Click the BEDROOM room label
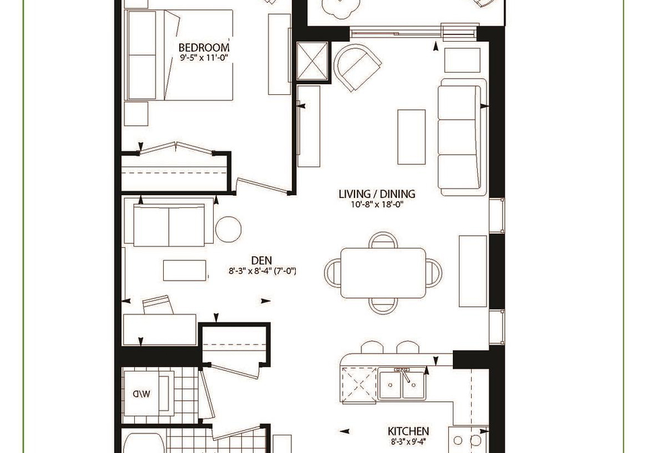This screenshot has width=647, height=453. click(x=204, y=47)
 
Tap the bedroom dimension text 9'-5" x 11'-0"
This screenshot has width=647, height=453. click(x=204, y=58)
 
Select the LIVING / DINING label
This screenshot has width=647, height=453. click(x=377, y=194)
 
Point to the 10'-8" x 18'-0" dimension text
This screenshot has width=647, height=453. click(x=377, y=204)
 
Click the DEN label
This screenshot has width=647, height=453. click(x=261, y=260)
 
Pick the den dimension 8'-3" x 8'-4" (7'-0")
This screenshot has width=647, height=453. click(x=262, y=271)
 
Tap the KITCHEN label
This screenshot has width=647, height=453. click(x=408, y=431)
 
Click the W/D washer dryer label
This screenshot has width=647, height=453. click(x=142, y=394)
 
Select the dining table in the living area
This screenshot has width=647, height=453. click(x=383, y=273)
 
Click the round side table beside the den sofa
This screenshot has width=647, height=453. click(x=228, y=229)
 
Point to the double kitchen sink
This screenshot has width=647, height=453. click(x=402, y=384)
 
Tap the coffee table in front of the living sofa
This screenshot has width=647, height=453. click(x=411, y=137)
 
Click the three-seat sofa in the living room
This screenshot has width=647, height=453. click(x=461, y=137)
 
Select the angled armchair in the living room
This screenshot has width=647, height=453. click(x=357, y=67)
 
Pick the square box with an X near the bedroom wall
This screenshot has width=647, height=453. click(x=312, y=61)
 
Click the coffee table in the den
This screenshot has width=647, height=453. click(x=185, y=271)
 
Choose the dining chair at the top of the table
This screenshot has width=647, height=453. click(x=383, y=240)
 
